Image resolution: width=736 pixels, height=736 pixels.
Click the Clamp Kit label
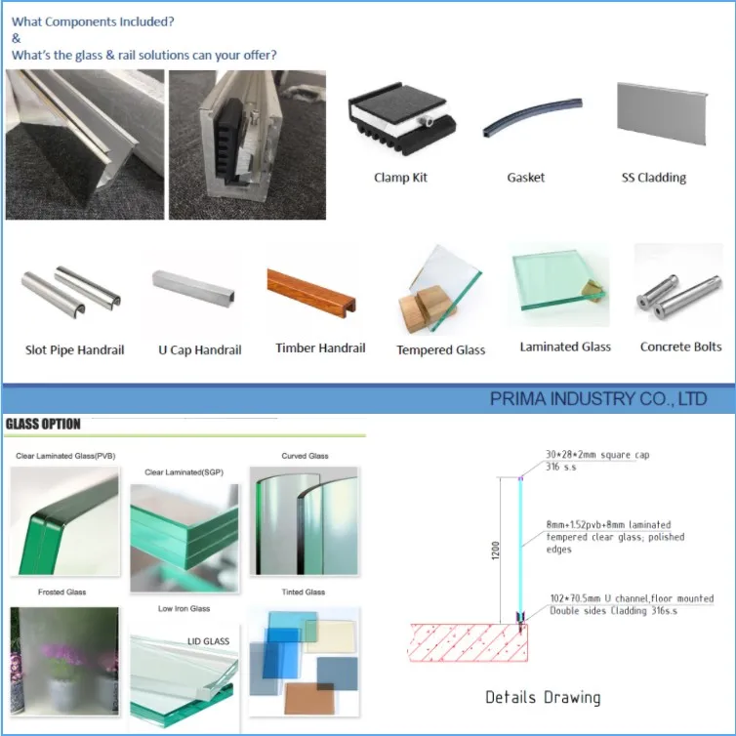(x=400, y=178)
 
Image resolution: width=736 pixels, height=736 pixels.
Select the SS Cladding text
(x=653, y=178)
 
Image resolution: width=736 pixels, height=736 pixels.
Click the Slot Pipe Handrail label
(x=75, y=349)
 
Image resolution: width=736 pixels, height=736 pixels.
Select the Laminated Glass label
(x=565, y=347)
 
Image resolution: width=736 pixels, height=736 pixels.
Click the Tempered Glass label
(x=440, y=349)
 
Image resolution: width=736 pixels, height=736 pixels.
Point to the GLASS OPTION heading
(x=44, y=425)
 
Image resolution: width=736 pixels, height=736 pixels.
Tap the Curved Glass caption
(x=306, y=456)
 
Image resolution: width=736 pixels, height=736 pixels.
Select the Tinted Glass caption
(x=304, y=593)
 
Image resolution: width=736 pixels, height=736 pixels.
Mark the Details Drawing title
(x=543, y=697)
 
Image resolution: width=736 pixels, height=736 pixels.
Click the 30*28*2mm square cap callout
(x=597, y=455)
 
